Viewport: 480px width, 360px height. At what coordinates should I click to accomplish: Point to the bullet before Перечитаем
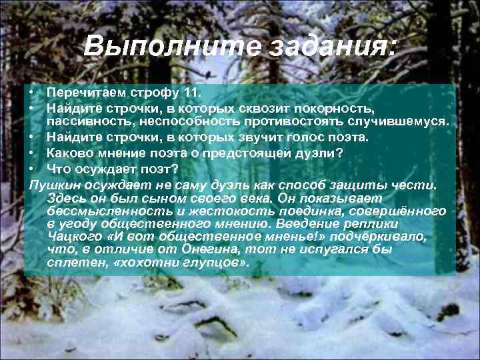point(31,91)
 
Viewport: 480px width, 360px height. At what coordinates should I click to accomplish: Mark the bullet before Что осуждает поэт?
point(31,169)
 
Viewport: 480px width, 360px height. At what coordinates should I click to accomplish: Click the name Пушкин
point(55,185)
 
